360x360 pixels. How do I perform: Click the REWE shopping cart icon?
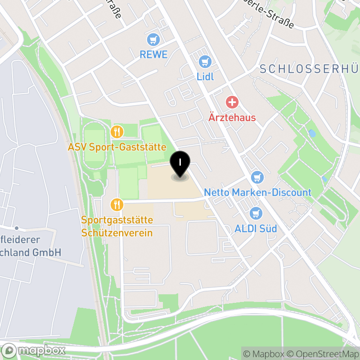point(154,40)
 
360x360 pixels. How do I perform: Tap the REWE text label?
point(153,55)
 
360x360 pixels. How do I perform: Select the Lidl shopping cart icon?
point(205,61)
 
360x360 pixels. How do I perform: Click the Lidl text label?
point(205,76)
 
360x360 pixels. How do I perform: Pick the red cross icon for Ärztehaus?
point(232,102)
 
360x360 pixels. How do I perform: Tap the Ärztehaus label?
point(232,118)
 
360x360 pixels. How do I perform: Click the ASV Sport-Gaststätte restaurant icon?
point(117,132)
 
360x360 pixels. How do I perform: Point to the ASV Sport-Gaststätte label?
point(117,147)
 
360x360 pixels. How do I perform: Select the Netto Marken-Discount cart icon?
point(257,177)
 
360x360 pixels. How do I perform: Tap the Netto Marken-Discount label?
point(257,193)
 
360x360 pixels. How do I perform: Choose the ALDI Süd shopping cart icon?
point(256,213)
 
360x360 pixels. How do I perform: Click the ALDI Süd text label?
point(256,229)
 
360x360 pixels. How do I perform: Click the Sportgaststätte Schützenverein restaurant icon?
point(117,205)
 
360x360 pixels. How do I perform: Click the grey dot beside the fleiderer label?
point(17,229)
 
